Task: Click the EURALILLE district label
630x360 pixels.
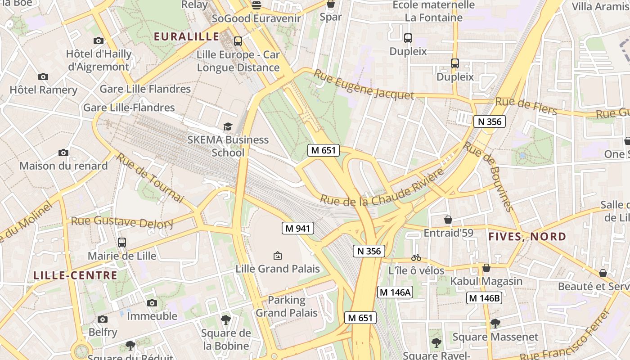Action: tap(187, 36)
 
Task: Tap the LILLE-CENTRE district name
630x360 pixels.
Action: tap(75, 275)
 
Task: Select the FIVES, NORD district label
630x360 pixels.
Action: tap(527, 236)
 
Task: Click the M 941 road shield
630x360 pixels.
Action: tap(297, 228)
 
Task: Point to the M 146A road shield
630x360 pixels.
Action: tap(395, 292)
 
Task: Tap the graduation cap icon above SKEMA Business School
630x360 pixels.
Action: tap(228, 127)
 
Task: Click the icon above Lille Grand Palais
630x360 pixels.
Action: tap(278, 256)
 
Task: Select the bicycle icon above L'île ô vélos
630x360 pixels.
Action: tap(416, 257)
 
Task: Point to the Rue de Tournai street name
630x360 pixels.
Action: tap(150, 178)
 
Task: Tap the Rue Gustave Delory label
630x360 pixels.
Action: tap(122, 222)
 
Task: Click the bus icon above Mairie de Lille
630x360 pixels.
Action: tap(122, 243)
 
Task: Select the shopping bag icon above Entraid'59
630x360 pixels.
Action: tap(448, 220)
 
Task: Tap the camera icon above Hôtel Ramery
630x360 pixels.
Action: tap(43, 76)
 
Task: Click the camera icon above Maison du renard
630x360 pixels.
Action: tap(63, 153)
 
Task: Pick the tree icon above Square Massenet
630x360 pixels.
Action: tap(495, 323)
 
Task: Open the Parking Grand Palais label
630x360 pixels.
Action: tap(287, 306)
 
